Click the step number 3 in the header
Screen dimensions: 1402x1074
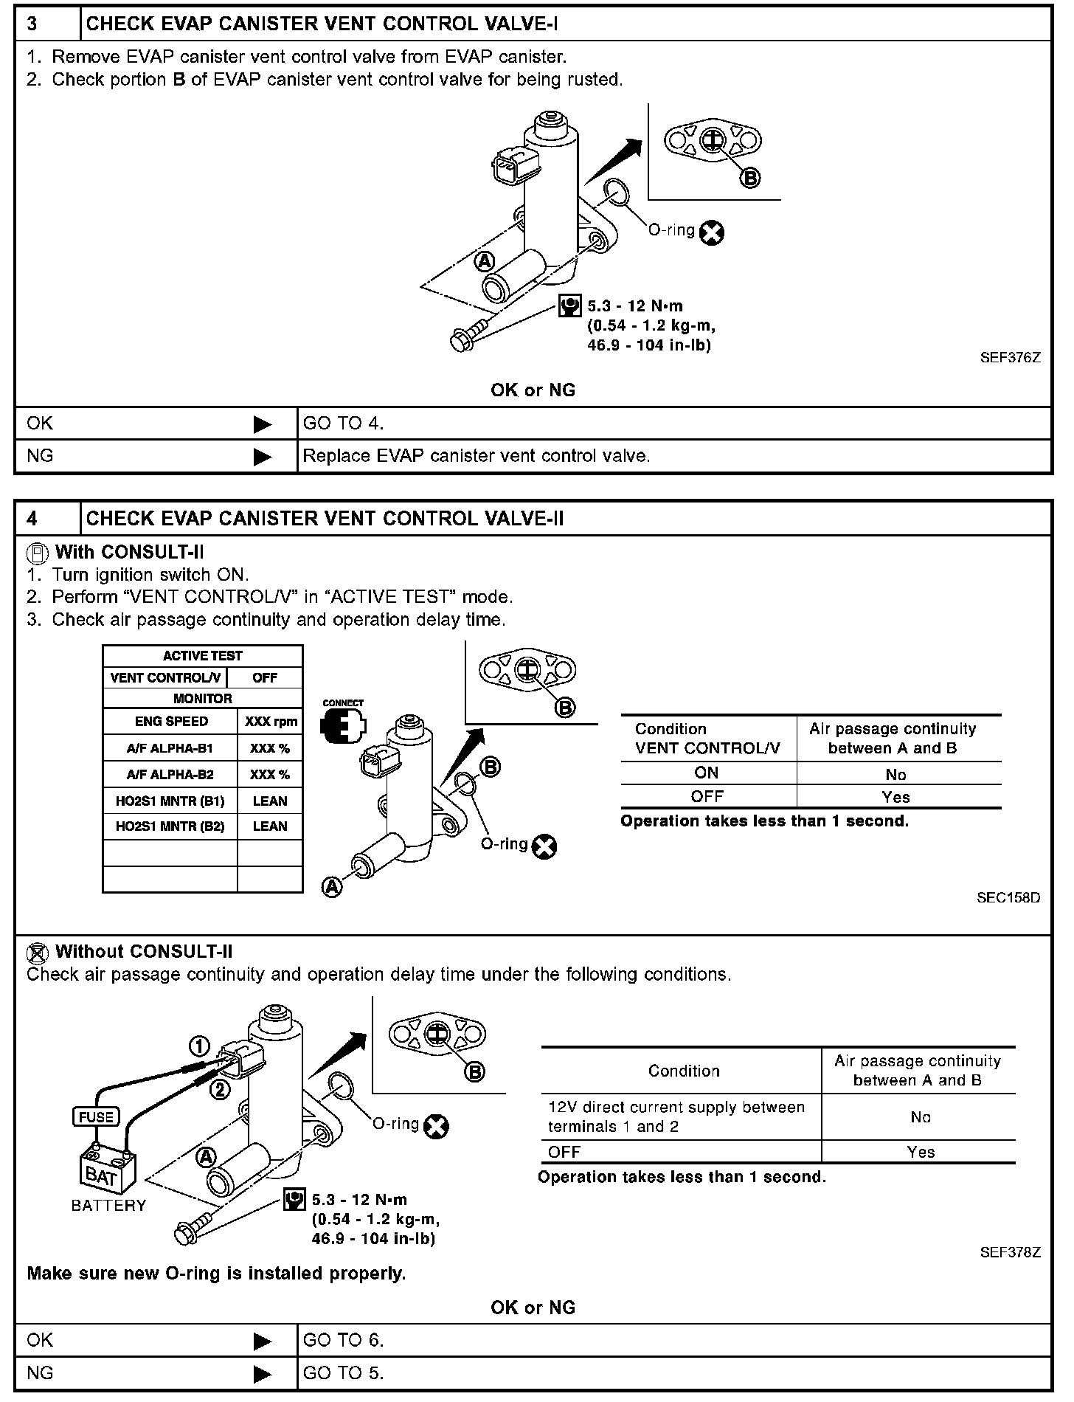32,24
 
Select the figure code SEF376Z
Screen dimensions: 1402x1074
1010,358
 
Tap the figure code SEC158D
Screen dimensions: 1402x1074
1008,898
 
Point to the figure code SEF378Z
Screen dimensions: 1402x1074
1010,1252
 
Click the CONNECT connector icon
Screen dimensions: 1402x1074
342,726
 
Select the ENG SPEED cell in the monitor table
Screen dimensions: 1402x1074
171,722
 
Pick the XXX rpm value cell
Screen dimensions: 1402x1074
270,722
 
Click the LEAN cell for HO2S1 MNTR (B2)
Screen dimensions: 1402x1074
270,826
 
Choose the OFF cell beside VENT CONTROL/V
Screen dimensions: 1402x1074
265,677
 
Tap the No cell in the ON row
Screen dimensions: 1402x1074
895,774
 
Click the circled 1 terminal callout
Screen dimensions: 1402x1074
200,1046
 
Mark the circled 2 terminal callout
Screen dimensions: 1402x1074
220,1089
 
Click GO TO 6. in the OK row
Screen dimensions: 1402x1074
343,1340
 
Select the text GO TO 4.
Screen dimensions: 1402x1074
343,424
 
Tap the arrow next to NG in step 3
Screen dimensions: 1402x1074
262,457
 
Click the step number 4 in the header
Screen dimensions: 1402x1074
32,519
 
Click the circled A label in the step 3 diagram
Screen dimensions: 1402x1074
484,261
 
